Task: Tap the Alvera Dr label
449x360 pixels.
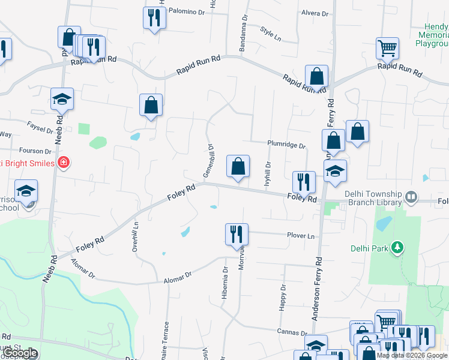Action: tap(316, 13)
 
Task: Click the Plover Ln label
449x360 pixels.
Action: tap(301, 236)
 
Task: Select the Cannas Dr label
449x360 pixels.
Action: tap(292, 332)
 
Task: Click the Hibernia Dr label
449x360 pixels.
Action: tap(226, 278)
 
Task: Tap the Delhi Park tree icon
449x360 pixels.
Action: tap(396, 248)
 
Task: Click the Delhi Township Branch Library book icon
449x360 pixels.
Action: tap(411, 196)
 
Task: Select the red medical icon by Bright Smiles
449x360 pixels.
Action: tap(64, 163)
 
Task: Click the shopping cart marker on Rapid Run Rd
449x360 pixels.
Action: tap(387, 49)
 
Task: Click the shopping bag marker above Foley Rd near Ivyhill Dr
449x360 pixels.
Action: tap(238, 167)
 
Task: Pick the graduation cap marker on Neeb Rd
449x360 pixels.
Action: tap(62, 99)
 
